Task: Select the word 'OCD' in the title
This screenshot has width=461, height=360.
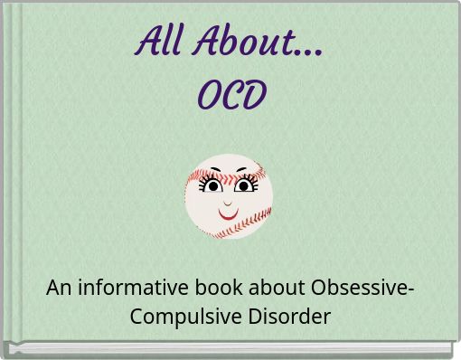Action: [231, 94]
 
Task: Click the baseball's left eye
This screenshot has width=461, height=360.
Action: [214, 187]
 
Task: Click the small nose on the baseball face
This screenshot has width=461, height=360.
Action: [229, 204]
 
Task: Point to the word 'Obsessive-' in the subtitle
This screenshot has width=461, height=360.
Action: [362, 289]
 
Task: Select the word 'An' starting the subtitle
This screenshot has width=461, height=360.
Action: [59, 289]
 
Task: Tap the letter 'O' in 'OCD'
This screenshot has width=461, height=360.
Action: [208, 94]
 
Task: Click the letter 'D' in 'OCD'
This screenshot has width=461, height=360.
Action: [254, 94]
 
